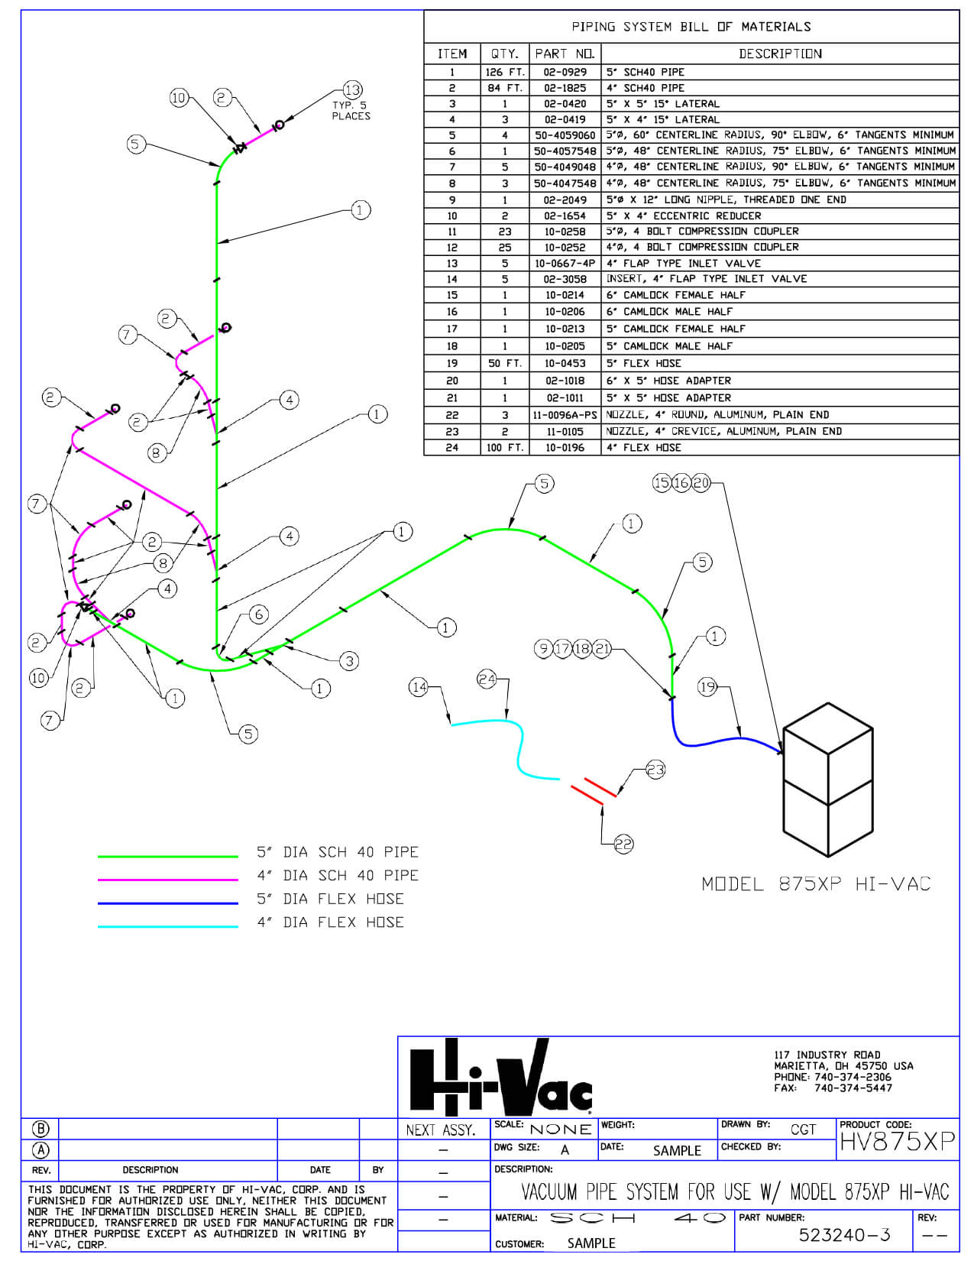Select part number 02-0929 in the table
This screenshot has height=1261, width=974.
(565, 72)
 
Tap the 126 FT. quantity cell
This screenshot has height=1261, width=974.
(505, 72)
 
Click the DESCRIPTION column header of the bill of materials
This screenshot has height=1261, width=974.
(780, 54)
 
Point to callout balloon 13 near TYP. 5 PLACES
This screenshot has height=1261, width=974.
(353, 90)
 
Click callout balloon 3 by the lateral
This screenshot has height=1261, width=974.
(349, 661)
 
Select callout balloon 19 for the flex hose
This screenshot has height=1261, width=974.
(707, 688)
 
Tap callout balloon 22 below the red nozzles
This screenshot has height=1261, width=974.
(623, 844)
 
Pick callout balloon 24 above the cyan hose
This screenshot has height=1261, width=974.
(487, 679)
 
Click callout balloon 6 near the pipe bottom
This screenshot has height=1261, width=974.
(259, 614)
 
